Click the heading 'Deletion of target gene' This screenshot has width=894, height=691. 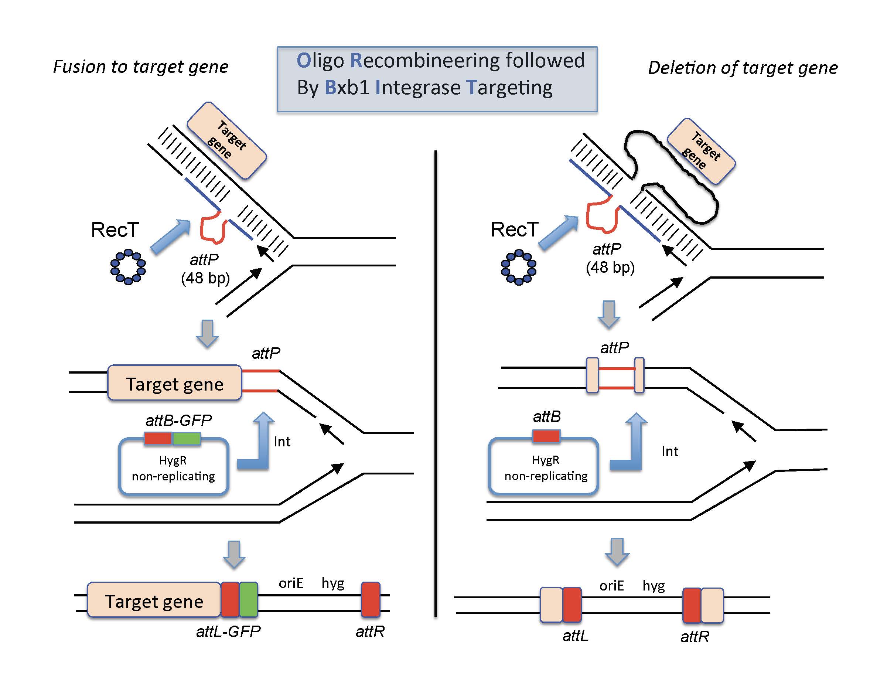pos(743,68)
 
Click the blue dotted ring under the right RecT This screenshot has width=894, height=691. pos(518,267)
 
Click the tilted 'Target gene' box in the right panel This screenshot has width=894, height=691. pos(701,152)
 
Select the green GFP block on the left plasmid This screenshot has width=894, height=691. pos(187,438)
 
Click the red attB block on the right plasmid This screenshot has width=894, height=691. pos(546,436)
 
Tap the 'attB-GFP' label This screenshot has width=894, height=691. pos(178,421)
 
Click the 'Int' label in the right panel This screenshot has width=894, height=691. pos(670,451)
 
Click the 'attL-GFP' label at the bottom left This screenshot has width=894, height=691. pos(228,631)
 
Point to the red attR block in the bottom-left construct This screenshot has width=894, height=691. pos(371,599)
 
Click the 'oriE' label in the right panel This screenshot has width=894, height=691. pos(611,586)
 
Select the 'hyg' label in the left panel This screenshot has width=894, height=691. pos(332,583)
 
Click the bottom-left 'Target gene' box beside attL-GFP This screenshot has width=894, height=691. pos(154,601)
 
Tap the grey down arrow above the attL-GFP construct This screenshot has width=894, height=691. pos(234,554)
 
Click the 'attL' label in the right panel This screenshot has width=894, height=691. pos(575,635)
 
